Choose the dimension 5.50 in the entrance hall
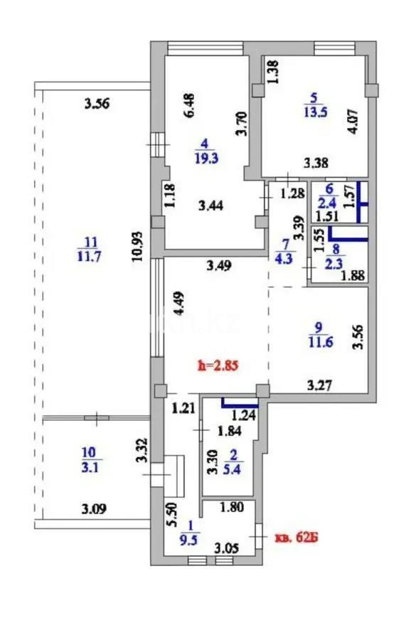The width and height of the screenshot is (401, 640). [169, 513]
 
